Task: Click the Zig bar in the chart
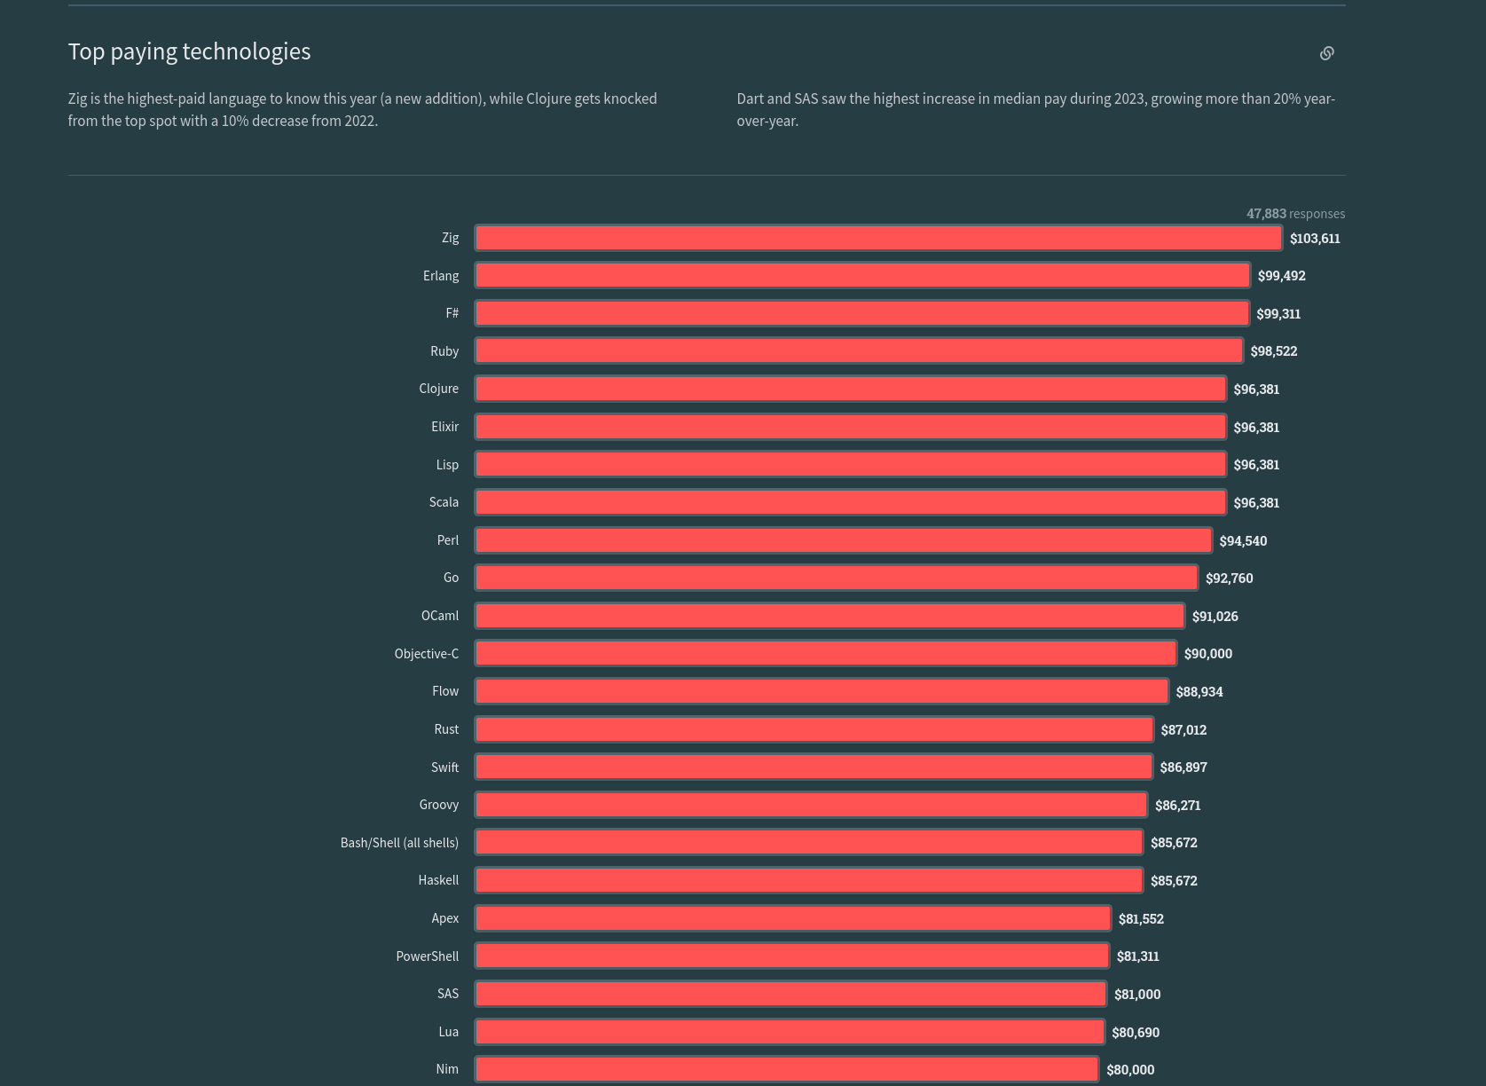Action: coord(878,238)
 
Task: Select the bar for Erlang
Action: coord(862,276)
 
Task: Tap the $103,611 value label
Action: coord(1315,239)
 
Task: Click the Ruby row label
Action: coord(444,351)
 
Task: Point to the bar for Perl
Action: coord(844,540)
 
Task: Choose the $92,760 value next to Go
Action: coord(1229,578)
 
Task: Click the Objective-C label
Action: coord(427,654)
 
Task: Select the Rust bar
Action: coord(814,729)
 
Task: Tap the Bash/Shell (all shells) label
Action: coord(399,843)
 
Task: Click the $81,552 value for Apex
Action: coord(1141,919)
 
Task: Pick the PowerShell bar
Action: coord(792,956)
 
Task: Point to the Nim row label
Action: coord(447,1069)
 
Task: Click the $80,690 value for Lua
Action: coord(1136,1033)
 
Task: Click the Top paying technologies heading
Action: coord(189,51)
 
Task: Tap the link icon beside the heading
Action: coord(1326,53)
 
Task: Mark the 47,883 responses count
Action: coord(1295,214)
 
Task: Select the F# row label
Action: coord(452,313)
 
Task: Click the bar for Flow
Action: coord(822,691)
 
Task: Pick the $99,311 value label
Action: coord(1278,314)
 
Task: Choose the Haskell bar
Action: coord(809,880)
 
